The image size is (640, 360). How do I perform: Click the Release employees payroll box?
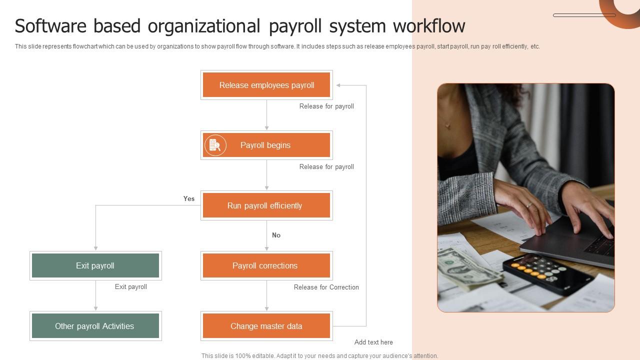[266, 85]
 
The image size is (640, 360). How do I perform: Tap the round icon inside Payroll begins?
[215, 145]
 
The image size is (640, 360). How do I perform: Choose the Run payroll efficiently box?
[266, 205]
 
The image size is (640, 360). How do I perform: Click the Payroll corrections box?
[266, 265]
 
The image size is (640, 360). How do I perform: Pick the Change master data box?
[266, 326]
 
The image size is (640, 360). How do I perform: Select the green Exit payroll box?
[95, 265]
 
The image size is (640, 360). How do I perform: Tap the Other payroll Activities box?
[95, 326]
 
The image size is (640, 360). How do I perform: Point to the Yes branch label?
[189, 198]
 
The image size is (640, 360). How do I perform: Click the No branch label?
[276, 235]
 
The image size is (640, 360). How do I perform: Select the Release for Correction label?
[326, 287]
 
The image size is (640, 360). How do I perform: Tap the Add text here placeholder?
[373, 342]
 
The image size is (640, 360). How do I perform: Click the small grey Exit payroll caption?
[131, 286]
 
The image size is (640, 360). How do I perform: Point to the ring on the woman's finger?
[529, 204]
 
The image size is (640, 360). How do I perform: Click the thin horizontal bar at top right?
[584, 15]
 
